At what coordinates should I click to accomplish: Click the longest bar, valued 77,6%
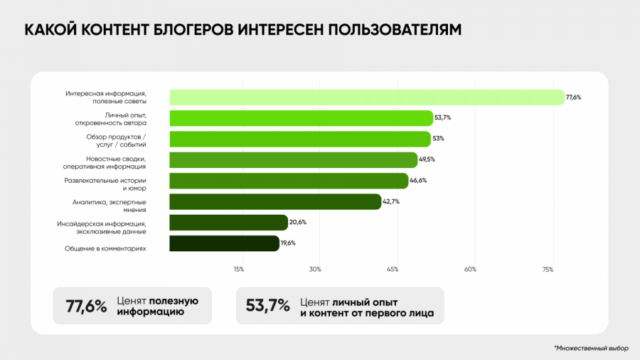pyautogui.click(x=366, y=97)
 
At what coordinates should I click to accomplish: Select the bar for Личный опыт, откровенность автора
pyautogui.click(x=301, y=118)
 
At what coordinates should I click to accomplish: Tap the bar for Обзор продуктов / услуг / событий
pyautogui.click(x=299, y=139)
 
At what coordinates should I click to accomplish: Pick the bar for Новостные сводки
pyautogui.click(x=293, y=160)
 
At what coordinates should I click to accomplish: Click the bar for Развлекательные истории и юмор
pyautogui.click(x=289, y=181)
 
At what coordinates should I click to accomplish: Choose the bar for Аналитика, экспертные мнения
pyautogui.click(x=275, y=202)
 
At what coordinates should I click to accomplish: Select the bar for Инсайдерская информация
pyautogui.click(x=228, y=223)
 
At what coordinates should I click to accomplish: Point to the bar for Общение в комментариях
pyautogui.click(x=224, y=243)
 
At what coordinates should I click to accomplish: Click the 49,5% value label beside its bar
pyautogui.click(x=427, y=160)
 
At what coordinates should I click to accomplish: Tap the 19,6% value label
pyautogui.click(x=289, y=243)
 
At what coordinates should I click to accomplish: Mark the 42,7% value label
pyautogui.click(x=391, y=202)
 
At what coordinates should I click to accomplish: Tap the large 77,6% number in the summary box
pyautogui.click(x=86, y=306)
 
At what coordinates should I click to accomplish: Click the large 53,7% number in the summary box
pyautogui.click(x=267, y=306)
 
